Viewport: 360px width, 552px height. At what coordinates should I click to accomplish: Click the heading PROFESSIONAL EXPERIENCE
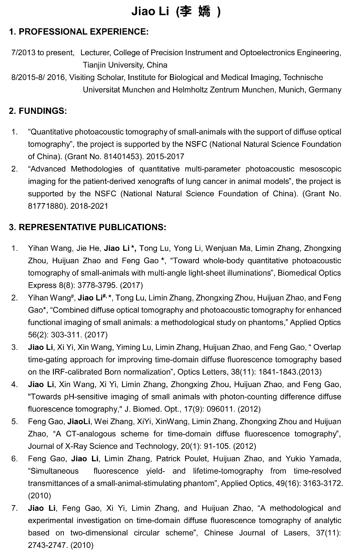click(x=83, y=32)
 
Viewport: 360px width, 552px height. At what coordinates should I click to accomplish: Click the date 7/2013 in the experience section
click(x=23, y=53)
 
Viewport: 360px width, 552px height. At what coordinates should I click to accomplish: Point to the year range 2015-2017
click(x=165, y=157)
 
